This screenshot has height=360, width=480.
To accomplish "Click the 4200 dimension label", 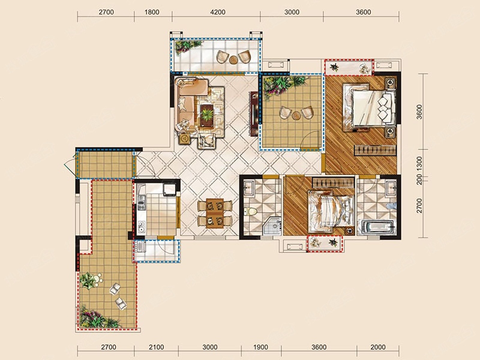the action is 218,12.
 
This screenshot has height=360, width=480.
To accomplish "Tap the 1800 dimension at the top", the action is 152,12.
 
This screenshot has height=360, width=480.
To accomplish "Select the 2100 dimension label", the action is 156,347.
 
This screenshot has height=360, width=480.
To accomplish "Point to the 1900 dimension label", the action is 260,347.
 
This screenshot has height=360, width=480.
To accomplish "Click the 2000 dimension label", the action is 378,347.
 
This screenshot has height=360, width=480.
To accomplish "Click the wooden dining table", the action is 215,213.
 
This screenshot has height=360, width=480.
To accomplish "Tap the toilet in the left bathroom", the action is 251,211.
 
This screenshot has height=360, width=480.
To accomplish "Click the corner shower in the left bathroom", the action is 272,226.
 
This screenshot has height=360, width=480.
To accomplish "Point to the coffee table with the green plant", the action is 207,115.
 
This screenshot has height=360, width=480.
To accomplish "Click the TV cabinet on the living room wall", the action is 254,113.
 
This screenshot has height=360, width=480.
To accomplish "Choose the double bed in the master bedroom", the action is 369,107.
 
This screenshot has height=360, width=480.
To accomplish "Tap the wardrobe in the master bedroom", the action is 375,151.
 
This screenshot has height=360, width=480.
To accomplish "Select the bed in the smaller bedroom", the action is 331,211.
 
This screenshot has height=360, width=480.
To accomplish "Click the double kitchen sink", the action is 141,227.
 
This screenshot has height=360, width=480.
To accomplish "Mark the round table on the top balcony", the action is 233,59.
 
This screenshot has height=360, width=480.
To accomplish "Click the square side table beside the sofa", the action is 185,139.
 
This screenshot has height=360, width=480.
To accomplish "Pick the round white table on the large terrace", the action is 97,279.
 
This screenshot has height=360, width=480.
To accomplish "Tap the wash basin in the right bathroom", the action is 391,187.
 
